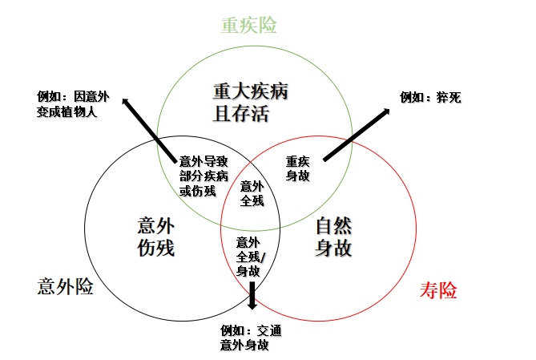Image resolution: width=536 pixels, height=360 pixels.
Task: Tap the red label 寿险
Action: [x=437, y=290]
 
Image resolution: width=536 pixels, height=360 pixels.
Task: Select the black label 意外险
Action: [x=65, y=286]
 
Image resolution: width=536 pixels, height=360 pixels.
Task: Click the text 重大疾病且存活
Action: [x=251, y=101]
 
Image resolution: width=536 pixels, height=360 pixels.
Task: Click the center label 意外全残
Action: [x=252, y=193]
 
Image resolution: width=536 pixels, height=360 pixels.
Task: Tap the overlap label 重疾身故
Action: [x=298, y=168]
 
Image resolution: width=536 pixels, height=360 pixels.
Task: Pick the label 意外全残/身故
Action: [x=248, y=256]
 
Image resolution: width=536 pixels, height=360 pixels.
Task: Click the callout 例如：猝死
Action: [x=431, y=97]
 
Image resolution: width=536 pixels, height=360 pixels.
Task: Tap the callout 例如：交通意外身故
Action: [x=251, y=338]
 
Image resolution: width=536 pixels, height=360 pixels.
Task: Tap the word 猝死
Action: [x=449, y=97]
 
